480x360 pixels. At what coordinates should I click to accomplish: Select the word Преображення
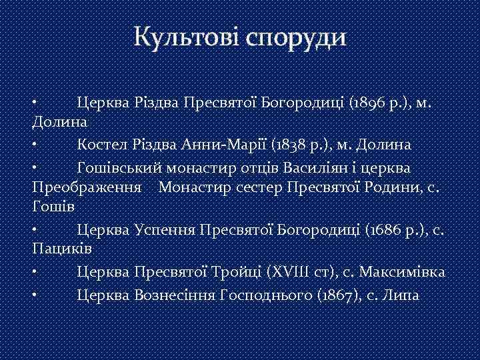[x=86, y=187]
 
